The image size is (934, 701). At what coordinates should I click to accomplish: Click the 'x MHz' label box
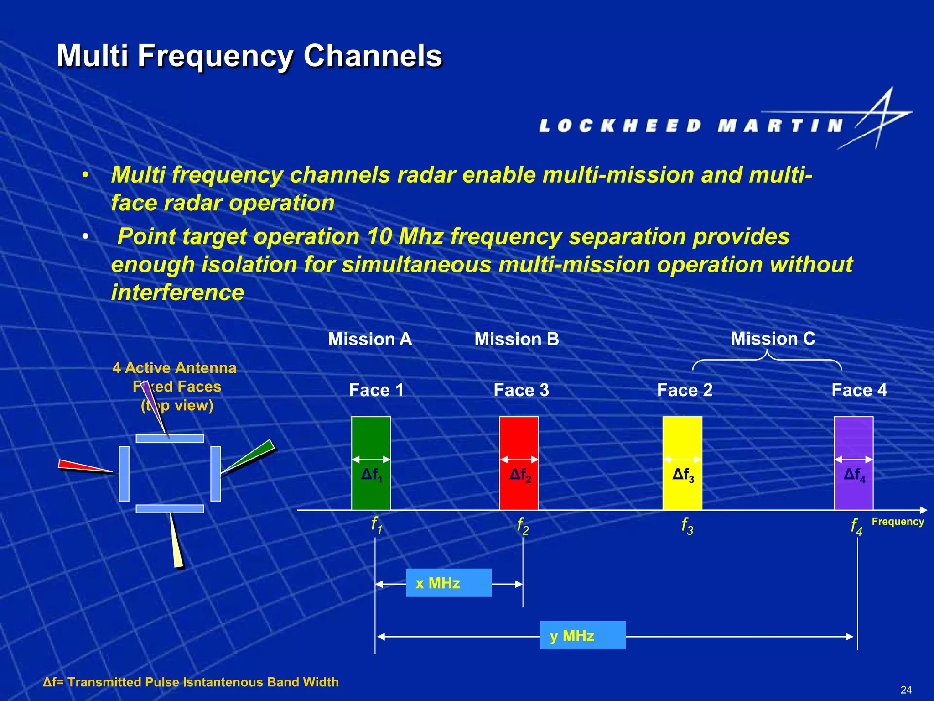pyautogui.click(x=449, y=583)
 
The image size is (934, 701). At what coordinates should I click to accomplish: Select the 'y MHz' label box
pyautogui.click(x=582, y=635)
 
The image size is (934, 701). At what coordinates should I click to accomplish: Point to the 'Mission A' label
pyautogui.click(x=370, y=339)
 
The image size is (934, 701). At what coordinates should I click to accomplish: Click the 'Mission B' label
pyautogui.click(x=517, y=339)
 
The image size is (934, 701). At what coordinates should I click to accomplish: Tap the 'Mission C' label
pyautogui.click(x=773, y=339)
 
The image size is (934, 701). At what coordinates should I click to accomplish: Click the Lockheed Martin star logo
pyautogui.click(x=880, y=119)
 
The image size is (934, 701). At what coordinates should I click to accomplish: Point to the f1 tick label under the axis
pyautogui.click(x=376, y=525)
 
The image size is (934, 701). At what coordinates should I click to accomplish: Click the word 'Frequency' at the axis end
pyautogui.click(x=898, y=522)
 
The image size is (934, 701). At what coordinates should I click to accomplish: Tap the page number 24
pyautogui.click(x=906, y=690)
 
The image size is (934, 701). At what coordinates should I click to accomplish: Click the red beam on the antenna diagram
pyautogui.click(x=84, y=466)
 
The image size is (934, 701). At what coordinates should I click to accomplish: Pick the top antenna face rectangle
pyautogui.click(x=170, y=439)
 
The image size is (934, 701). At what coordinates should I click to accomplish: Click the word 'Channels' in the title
pyautogui.click(x=373, y=56)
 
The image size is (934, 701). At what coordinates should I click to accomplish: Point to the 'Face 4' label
pyautogui.click(x=859, y=390)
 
